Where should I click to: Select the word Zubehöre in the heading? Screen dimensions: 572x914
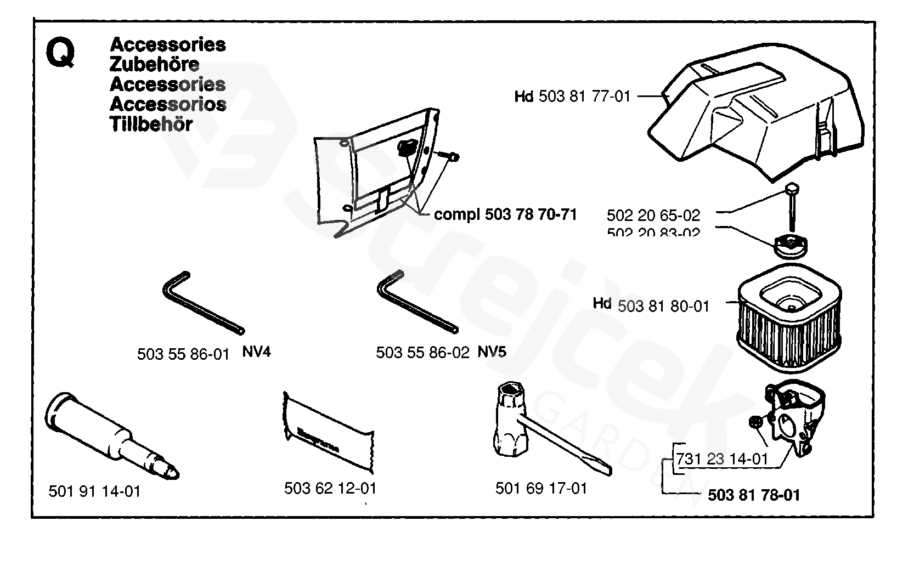pyautogui.click(x=154, y=65)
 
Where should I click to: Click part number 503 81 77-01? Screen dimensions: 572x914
pyautogui.click(x=584, y=97)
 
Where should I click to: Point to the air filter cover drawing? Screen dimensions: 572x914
pyautogui.click(x=757, y=118)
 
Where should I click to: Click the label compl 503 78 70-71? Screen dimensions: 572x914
pyautogui.click(x=505, y=214)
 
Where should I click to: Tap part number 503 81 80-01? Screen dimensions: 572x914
pyautogui.click(x=663, y=306)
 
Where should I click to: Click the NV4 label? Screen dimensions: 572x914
pyautogui.click(x=256, y=352)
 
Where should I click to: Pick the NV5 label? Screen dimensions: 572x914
pyautogui.click(x=492, y=352)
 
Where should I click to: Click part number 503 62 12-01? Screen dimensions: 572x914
pyautogui.click(x=330, y=488)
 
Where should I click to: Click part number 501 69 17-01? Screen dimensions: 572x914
pyautogui.click(x=541, y=488)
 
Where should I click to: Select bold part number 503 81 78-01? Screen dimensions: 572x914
pyautogui.click(x=753, y=495)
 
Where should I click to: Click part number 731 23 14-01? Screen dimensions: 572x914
pyautogui.click(x=721, y=458)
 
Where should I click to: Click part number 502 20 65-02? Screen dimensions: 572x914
pyautogui.click(x=653, y=216)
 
